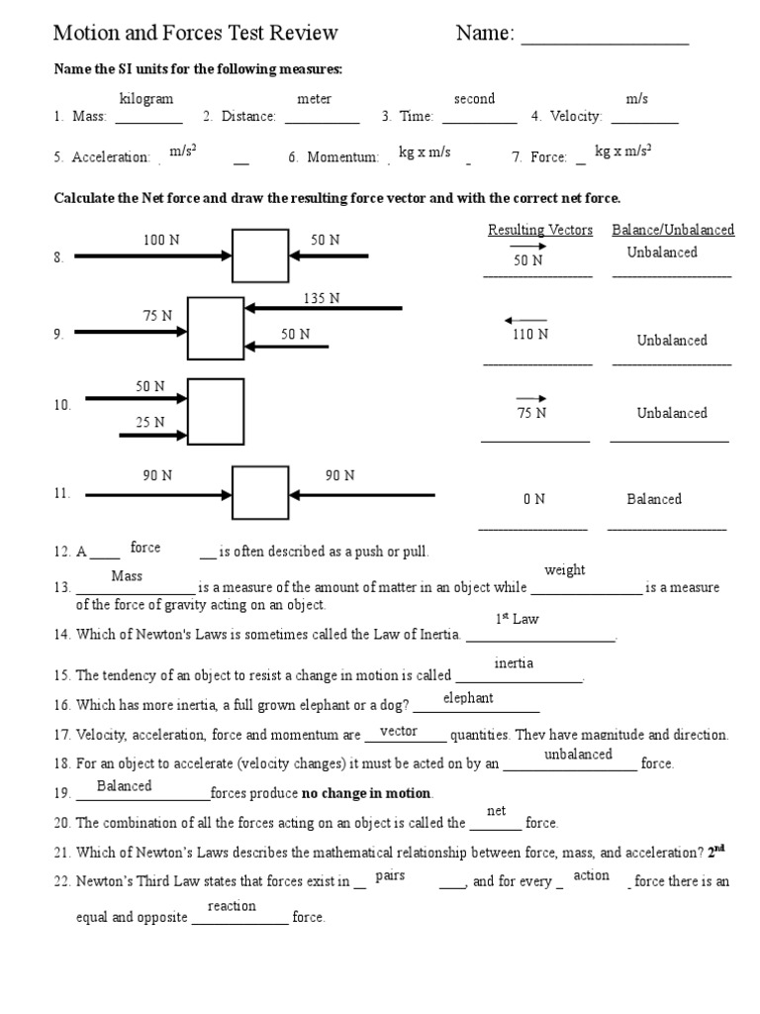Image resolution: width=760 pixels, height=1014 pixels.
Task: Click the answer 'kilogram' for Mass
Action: (145, 99)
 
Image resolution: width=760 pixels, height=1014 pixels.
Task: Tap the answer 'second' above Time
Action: (474, 99)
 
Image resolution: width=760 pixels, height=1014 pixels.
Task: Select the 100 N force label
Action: (161, 240)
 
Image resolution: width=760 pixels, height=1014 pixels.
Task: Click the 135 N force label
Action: (322, 298)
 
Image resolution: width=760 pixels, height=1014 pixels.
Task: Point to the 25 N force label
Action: (150, 423)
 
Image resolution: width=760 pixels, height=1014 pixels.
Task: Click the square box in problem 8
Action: (260, 256)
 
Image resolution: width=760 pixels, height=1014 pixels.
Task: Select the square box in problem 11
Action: (260, 493)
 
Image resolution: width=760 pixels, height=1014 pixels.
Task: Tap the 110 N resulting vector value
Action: (530, 335)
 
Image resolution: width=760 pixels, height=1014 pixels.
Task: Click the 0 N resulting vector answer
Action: (534, 499)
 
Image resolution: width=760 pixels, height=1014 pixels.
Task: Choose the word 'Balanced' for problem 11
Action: (653, 499)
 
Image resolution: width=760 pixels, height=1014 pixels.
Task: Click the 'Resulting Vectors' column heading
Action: (540, 230)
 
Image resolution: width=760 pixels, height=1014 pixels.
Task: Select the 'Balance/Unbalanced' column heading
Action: (673, 230)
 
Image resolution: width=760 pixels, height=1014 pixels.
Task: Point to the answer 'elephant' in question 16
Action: (468, 698)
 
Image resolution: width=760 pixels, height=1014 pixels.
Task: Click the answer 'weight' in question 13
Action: (564, 570)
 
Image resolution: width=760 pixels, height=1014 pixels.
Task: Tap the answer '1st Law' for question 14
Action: (517, 620)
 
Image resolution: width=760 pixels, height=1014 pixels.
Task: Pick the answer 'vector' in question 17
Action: (399, 731)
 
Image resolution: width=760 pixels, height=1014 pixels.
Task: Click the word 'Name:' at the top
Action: (485, 34)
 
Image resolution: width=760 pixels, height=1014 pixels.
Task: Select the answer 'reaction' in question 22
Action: (232, 906)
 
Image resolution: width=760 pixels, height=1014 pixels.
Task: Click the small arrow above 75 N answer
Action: (531, 398)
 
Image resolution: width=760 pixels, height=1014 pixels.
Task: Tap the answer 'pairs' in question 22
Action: (390, 876)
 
